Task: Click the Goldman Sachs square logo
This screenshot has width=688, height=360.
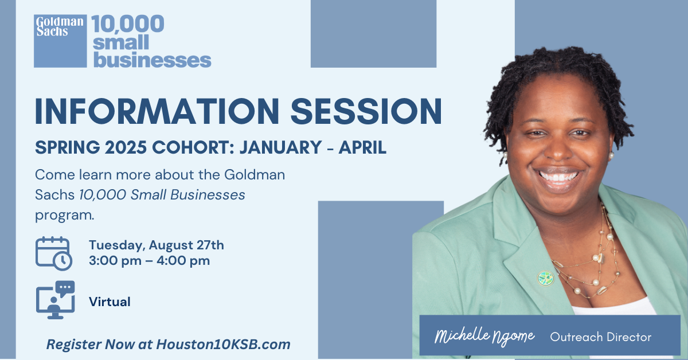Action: click(x=60, y=41)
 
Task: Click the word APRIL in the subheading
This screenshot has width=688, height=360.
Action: click(x=362, y=147)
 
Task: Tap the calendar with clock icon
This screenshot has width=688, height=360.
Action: click(x=54, y=253)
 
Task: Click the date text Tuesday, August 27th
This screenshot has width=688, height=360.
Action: click(x=156, y=245)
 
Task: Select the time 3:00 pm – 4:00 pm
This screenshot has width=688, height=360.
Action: click(x=149, y=261)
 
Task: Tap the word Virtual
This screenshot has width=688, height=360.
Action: click(x=110, y=302)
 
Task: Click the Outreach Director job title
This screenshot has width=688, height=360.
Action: click(x=600, y=337)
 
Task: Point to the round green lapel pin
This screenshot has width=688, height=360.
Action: click(x=545, y=278)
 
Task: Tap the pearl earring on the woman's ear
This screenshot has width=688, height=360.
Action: click(x=612, y=155)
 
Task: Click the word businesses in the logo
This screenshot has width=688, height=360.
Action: click(x=152, y=59)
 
